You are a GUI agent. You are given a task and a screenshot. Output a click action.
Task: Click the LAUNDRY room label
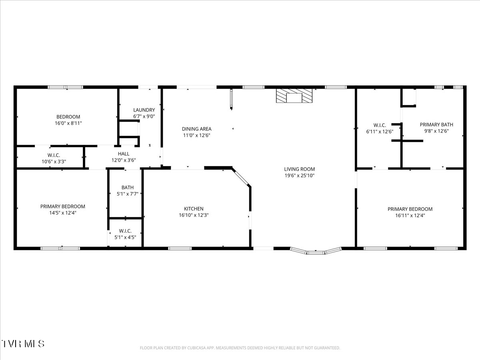[x=144, y=110]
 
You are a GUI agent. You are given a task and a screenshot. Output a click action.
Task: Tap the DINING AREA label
[x=196, y=129]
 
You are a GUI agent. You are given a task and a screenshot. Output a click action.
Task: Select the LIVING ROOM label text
[x=299, y=169]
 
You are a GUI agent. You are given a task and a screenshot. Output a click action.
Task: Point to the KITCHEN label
[x=194, y=209]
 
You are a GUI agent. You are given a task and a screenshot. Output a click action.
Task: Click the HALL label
[x=124, y=154]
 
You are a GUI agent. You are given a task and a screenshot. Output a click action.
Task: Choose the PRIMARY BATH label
[x=436, y=124]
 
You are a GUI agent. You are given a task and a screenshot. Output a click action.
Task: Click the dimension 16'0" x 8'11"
[x=68, y=123]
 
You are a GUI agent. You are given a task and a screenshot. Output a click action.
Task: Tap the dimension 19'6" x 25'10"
[x=299, y=175]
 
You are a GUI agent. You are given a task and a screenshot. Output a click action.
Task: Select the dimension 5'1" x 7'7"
[x=128, y=194]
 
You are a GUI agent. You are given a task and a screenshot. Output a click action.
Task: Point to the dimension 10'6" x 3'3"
[x=54, y=162]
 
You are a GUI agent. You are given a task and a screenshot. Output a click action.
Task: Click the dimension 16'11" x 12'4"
[x=410, y=215]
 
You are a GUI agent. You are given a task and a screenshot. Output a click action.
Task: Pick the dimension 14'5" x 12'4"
[x=63, y=213]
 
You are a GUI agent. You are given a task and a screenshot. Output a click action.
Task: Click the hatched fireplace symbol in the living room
[x=294, y=96]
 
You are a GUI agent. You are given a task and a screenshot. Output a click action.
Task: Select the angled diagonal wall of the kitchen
[x=241, y=177]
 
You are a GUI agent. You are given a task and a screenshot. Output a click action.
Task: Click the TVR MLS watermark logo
[x=23, y=344]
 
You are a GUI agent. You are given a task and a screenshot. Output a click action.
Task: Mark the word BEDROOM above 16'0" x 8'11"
[x=68, y=117]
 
